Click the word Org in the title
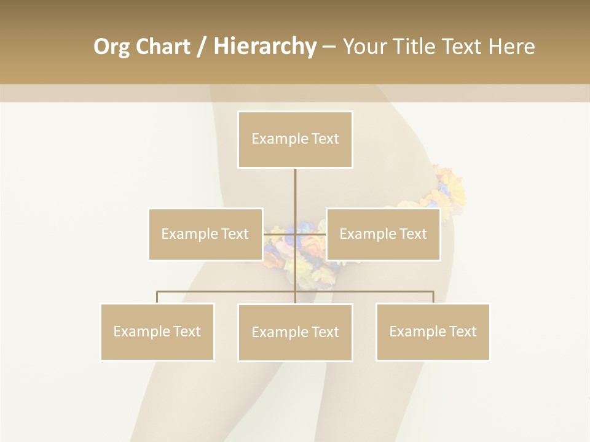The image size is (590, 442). pos(111,47)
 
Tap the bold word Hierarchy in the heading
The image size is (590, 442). pos(264,47)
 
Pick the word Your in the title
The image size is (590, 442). pos(363,47)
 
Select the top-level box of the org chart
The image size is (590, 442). pos(295,139)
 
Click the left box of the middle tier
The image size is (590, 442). pos(205,234)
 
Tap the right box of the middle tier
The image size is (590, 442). pos(383,234)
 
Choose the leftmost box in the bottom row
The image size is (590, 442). pos(157,331)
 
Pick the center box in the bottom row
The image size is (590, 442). pos(295,332)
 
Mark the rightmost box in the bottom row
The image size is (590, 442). pos(433,331)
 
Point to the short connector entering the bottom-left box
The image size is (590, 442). pos(157,297)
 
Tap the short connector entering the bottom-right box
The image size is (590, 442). pos(433,297)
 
